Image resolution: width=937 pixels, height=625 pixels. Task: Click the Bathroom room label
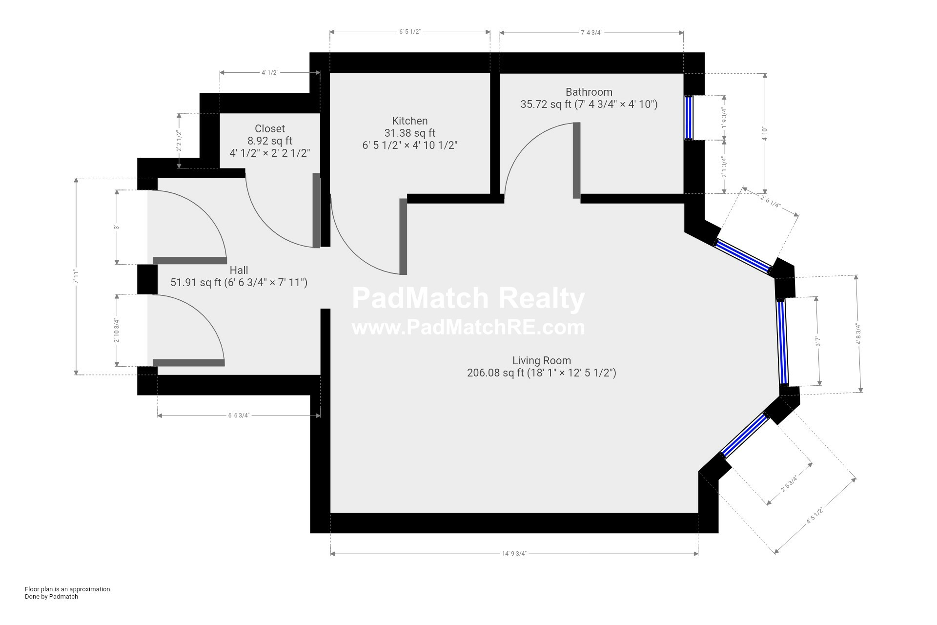coord(589,92)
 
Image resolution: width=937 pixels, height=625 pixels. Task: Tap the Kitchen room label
coord(410,121)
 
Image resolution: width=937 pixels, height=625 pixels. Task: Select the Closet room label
coord(270,128)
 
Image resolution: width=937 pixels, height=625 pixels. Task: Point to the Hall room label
coord(239,270)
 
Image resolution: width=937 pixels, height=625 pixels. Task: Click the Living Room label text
coord(542,360)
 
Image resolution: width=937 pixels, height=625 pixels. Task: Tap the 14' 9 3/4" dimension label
coord(514,554)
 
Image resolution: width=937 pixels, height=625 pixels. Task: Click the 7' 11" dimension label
coord(76,276)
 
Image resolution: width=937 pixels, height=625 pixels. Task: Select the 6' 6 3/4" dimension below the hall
coord(239,416)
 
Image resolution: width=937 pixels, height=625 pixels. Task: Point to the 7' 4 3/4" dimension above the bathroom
coord(591,33)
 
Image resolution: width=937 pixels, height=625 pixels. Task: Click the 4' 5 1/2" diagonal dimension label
coord(815,516)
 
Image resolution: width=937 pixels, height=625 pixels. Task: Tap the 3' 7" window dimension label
coord(818,341)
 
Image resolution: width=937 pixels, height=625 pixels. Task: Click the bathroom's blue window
coord(689,117)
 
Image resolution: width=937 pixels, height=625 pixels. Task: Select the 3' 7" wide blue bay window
coord(783,342)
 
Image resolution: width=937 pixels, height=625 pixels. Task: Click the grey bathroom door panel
coord(577,160)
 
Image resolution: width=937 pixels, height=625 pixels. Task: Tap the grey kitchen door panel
coord(403,236)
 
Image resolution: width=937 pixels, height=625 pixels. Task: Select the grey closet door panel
coord(316,210)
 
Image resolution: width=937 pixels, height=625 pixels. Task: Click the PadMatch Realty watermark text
coord(468,298)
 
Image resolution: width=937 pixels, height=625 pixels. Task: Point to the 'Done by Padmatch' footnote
coord(51,596)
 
